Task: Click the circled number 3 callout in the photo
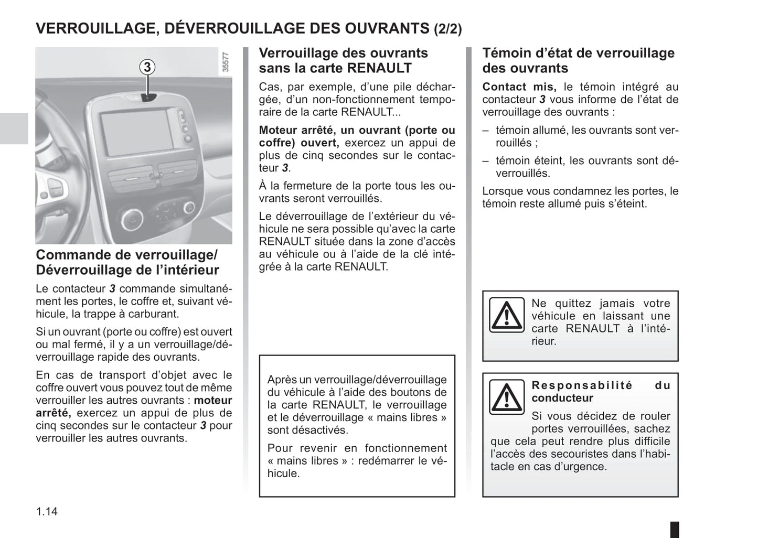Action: click(148, 67)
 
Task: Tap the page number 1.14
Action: click(47, 511)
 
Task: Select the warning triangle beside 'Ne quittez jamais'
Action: click(506, 315)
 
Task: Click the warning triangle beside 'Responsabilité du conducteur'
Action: click(506, 397)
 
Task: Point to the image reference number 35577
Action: click(226, 62)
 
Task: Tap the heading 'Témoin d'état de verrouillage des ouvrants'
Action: click(578, 60)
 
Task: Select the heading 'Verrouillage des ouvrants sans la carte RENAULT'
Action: click(343, 60)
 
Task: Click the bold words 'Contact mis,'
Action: click(519, 87)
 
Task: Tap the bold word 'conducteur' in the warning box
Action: click(562, 398)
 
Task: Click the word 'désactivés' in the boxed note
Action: click(306, 430)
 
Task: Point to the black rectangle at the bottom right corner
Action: click(675, 529)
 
